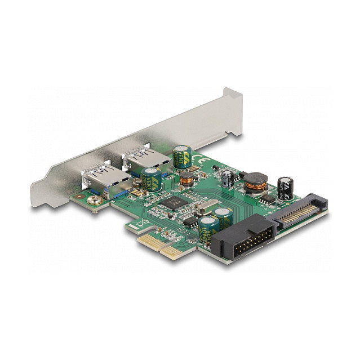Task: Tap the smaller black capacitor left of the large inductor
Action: (x=227, y=178)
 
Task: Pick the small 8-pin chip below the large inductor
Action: (x=268, y=198)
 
